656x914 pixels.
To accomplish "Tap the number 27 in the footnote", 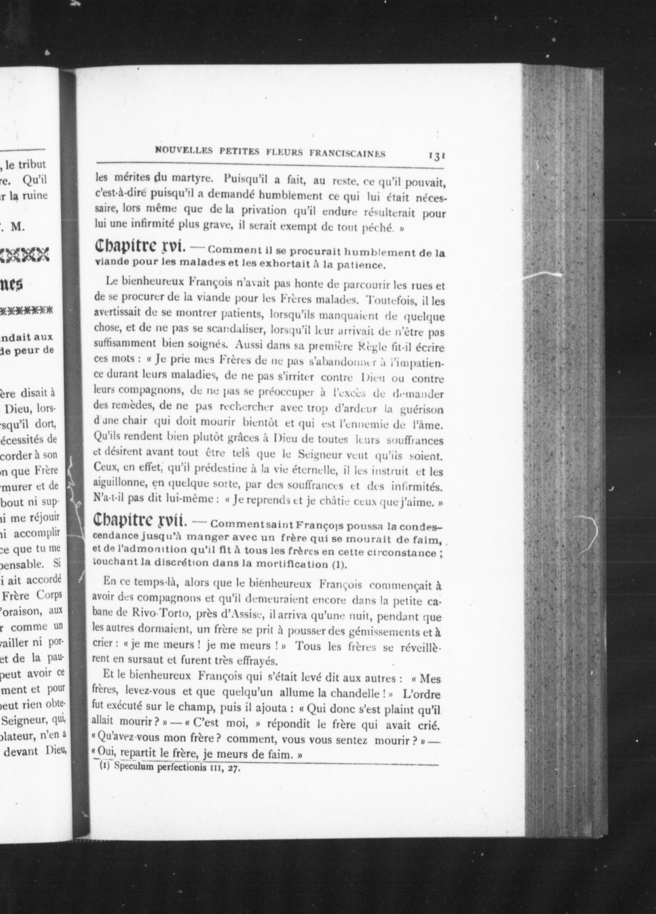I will pyautogui.click(x=233, y=768).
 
